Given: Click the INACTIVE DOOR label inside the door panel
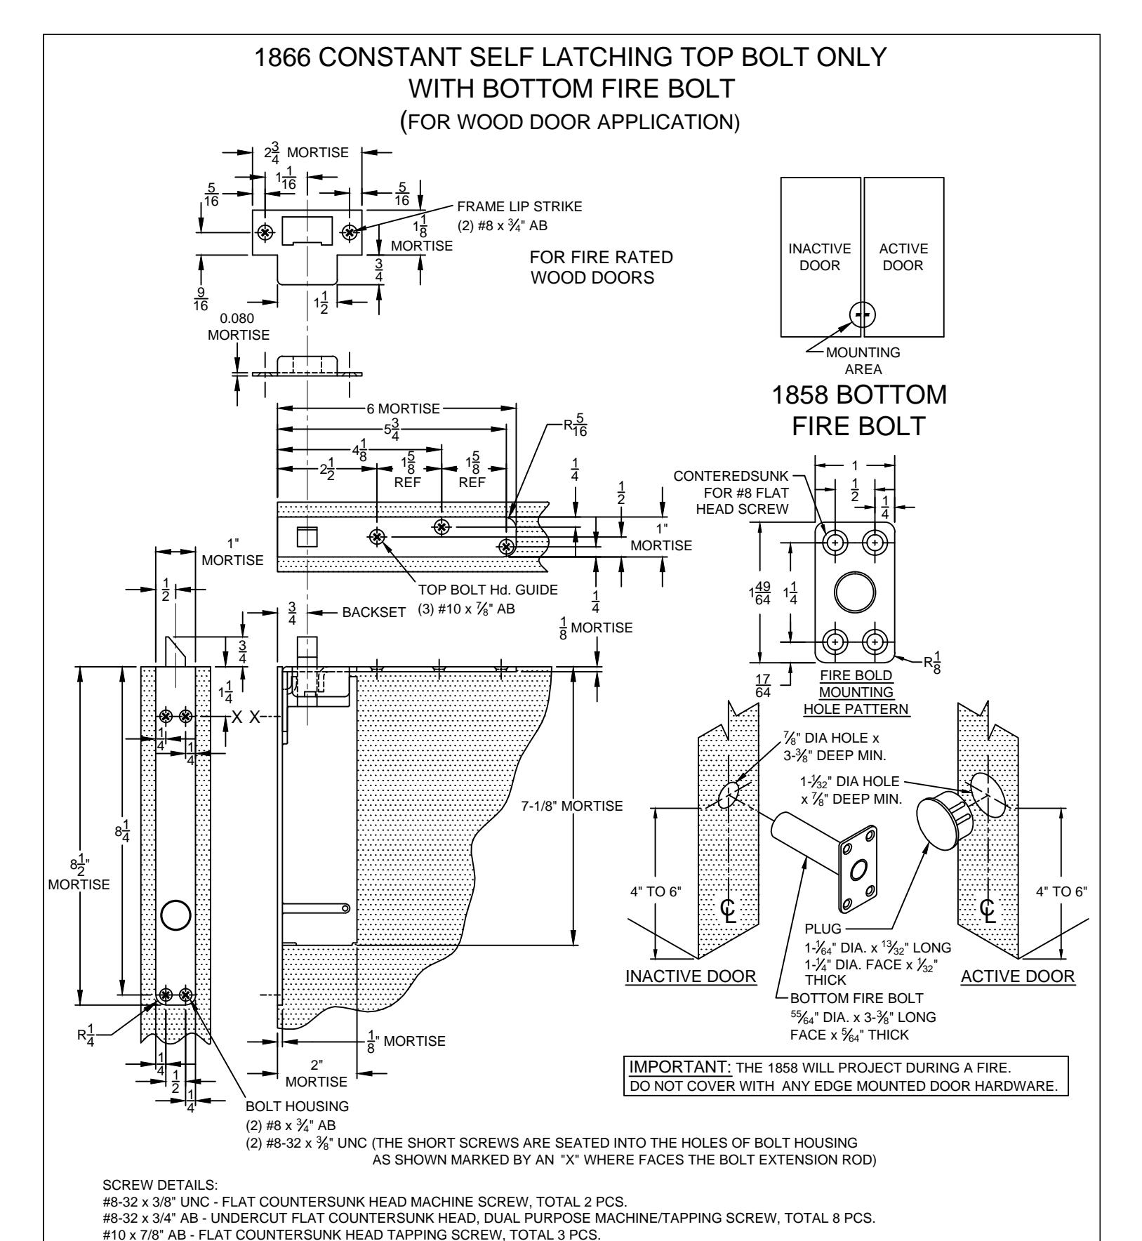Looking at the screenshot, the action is click(x=821, y=258).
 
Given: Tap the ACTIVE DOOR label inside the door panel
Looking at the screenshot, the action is click(x=903, y=258).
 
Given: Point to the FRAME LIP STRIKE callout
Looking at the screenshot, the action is click(x=519, y=207).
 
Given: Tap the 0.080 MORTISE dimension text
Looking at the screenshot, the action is click(x=239, y=327).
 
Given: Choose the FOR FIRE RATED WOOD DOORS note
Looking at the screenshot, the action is click(x=601, y=267).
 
